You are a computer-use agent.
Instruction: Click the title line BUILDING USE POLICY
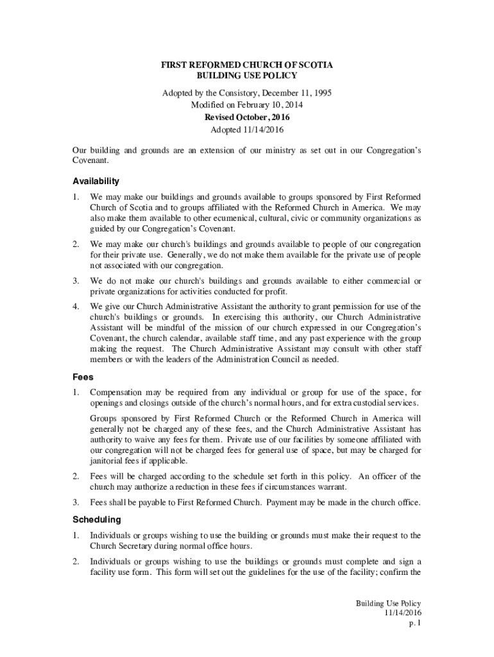pos(246,76)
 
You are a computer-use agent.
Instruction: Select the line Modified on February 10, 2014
pos(246,105)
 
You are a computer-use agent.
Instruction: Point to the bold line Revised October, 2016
pos(246,117)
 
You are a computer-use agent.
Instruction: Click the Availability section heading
pos(96,181)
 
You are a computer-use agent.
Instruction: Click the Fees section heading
pos(83,378)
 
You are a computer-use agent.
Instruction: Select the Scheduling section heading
pos(97,518)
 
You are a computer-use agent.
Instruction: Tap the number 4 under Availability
pos(75,305)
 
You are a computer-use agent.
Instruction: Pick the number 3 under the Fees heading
pos(75,502)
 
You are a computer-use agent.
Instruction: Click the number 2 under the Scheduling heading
pos(75,562)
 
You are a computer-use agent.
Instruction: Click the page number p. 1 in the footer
pos(414,623)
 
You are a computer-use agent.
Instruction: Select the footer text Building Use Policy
pos(389,604)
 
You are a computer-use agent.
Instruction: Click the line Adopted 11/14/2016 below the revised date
pos(246,130)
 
